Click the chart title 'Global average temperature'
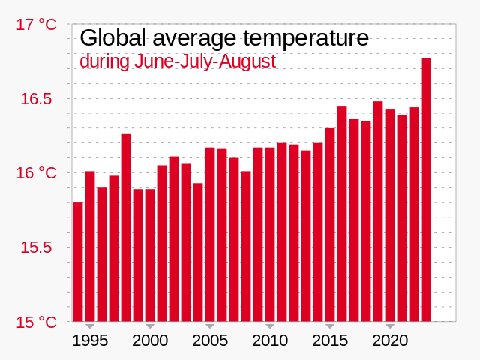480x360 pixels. tap(224, 38)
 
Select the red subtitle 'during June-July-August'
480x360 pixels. tap(178, 61)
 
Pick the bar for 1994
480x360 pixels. tap(78, 262)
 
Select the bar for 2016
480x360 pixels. tap(342, 214)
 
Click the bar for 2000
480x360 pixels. tap(150, 255)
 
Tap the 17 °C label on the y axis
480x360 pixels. tap(36, 25)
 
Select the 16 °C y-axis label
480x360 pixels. tap(36, 173)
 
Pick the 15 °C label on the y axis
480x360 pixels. tap(36, 322)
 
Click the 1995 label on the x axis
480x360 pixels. tap(90, 340)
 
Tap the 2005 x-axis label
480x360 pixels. tap(210, 340)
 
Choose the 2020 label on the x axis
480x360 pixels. tap(390, 340)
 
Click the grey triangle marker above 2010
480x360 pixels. tap(270, 325)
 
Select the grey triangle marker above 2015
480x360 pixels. tap(330, 325)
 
